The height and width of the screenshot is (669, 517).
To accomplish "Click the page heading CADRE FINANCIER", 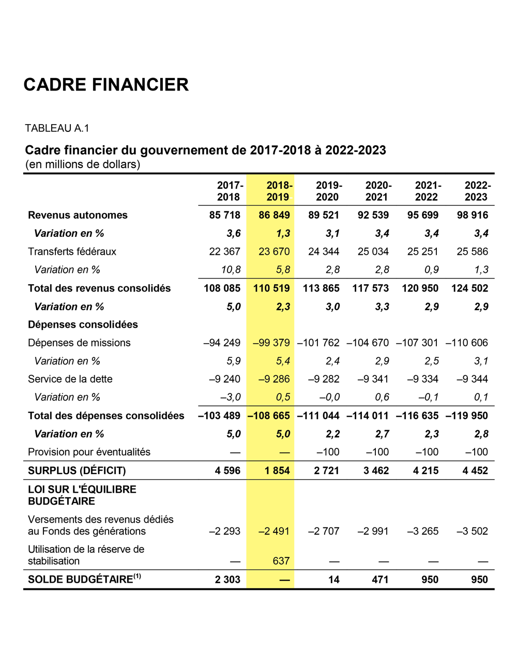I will (106, 85).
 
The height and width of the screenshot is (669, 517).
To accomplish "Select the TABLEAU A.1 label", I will (57, 128).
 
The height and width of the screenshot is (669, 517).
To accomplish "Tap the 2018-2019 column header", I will (279, 191).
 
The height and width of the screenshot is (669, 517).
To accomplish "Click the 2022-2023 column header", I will (477, 191).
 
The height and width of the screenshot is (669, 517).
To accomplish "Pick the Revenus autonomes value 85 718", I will (225, 215).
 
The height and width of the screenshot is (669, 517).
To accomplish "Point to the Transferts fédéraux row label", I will (72, 252).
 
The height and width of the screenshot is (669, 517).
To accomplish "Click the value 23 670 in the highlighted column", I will (274, 252).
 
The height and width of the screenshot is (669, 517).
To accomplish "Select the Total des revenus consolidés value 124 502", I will (469, 288).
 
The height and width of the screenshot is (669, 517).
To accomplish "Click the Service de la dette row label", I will (70, 379).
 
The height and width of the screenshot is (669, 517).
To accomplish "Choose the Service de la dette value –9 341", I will (373, 379).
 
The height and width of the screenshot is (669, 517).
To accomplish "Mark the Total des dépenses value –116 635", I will (417, 416).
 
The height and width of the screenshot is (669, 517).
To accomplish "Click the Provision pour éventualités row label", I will (89, 452).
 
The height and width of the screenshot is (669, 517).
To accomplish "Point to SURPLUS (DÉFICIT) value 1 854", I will (277, 470).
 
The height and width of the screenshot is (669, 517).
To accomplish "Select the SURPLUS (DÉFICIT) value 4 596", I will (227, 470).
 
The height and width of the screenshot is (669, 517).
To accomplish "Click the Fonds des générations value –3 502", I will (472, 531).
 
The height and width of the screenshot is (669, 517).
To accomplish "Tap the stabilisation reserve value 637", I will (281, 561).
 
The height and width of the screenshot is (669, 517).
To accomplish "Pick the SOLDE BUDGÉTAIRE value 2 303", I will (227, 580).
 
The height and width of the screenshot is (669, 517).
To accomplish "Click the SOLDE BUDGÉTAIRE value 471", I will (380, 580).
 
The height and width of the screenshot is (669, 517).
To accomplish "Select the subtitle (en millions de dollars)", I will (83, 164).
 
